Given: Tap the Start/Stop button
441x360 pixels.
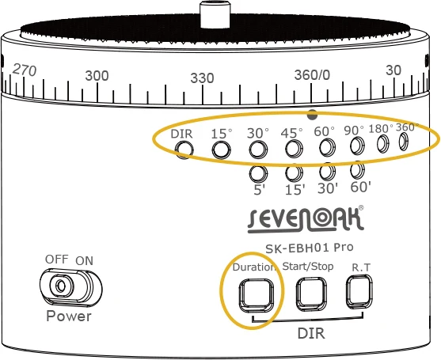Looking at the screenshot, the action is point(311,294).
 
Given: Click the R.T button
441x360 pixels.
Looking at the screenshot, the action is point(359,292).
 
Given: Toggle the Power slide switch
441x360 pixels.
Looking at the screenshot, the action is point(71,288).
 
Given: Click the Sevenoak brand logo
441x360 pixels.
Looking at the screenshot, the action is point(306,219).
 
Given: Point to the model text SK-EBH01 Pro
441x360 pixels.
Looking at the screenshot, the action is point(310,248).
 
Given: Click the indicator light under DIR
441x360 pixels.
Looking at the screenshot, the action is point(184,150).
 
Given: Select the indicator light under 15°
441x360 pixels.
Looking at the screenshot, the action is point(222,150).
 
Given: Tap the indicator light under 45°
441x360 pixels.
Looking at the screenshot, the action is point(295,149).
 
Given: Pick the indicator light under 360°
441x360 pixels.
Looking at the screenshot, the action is point(404,141).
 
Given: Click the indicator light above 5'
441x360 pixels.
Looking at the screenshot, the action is point(258,174).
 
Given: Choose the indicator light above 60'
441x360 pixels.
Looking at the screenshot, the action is point(357,170).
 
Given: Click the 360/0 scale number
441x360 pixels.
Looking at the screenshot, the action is point(312,75).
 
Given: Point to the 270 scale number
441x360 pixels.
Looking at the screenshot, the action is point(25,70).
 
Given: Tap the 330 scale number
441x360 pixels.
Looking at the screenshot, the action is point(202,78).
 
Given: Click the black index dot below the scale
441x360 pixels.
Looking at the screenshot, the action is point(313,115).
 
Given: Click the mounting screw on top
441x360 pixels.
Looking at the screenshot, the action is point(215,14).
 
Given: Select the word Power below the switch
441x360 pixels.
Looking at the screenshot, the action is point(69,316).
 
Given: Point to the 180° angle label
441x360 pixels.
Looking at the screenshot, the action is point(381,129).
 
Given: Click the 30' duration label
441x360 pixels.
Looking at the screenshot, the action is point(328,188).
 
